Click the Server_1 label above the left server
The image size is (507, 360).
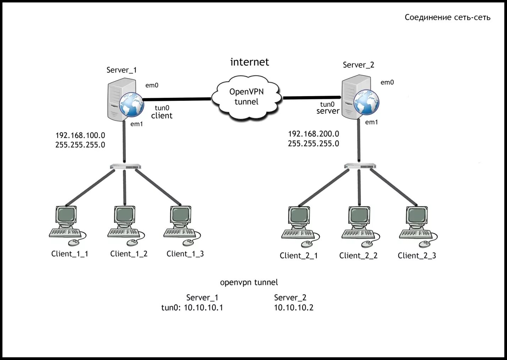click(122, 70)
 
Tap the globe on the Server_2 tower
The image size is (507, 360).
click(366, 102)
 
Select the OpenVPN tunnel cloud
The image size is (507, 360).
click(247, 98)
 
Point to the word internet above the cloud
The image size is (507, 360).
click(250, 62)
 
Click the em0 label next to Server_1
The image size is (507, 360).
click(151, 85)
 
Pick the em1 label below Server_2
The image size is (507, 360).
click(371, 122)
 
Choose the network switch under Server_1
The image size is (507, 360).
click(125, 167)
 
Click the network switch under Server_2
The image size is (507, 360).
click(360, 166)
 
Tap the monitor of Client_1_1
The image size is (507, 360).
click(66, 215)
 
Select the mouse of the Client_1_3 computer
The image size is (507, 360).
click(188, 243)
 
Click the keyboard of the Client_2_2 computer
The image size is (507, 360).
click(358, 234)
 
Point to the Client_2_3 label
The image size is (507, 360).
click(417, 256)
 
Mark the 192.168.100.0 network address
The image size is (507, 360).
click(80, 135)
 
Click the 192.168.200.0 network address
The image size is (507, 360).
click(314, 134)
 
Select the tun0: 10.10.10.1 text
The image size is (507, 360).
click(192, 308)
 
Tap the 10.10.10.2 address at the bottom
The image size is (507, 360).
click(293, 308)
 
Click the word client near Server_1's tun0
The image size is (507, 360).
click(161, 116)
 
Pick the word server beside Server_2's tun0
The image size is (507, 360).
click(328, 111)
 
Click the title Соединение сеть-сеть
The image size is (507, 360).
click(447, 17)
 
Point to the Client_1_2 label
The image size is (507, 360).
click(129, 254)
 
